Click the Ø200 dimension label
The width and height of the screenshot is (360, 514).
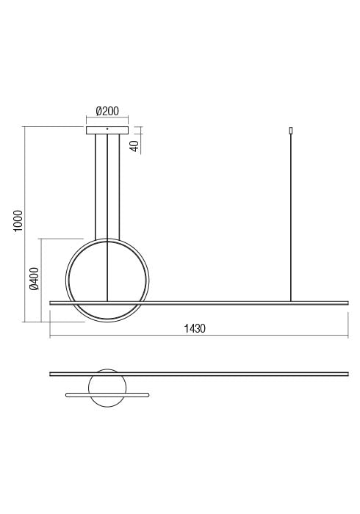tap(107, 112)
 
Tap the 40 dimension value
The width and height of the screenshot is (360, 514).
tap(134, 145)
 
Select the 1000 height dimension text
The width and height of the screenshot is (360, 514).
tap(18, 221)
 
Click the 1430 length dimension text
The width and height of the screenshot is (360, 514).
tap(195, 329)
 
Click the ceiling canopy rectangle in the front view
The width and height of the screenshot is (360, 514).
tap(107, 131)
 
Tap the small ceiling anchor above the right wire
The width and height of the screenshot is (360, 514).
tap(292, 131)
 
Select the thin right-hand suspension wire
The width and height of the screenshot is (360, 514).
tap(292, 220)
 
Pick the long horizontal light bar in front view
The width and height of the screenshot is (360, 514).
tap(220, 302)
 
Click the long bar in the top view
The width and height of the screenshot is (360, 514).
tap(220, 374)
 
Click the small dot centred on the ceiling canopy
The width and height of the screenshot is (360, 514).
tap(107, 129)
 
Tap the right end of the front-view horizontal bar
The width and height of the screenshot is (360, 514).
tap(346, 302)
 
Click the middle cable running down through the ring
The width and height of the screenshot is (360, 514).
tap(107, 220)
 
